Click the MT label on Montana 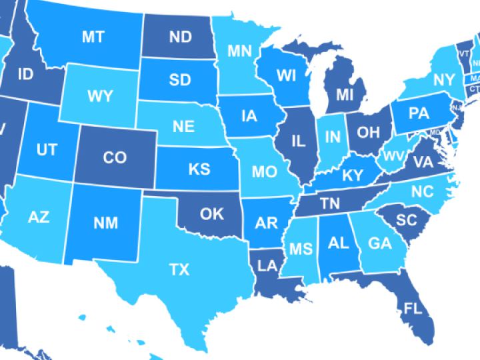(x=92, y=37)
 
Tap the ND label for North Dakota (x=180, y=37)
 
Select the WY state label (x=100, y=95)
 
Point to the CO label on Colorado (x=115, y=157)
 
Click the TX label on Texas (x=179, y=269)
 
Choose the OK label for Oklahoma (x=212, y=214)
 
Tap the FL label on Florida (x=413, y=308)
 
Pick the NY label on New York (x=443, y=80)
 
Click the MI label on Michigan (x=344, y=95)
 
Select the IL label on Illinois (x=298, y=141)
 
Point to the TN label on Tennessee (x=330, y=201)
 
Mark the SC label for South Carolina (x=405, y=219)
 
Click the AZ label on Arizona (x=39, y=217)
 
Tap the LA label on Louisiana (x=267, y=266)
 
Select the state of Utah (x=47, y=150)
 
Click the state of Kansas (x=199, y=169)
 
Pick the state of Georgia (x=379, y=244)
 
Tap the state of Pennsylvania (x=418, y=113)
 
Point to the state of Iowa (x=249, y=116)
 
